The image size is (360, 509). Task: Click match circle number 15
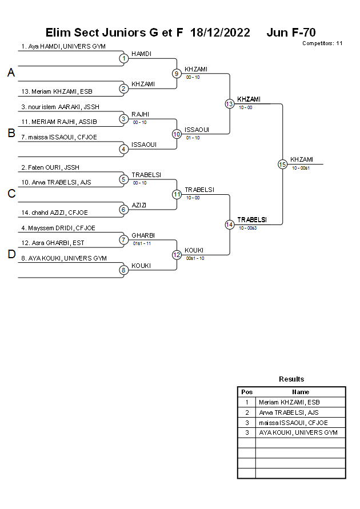pyautogui.click(x=282, y=164)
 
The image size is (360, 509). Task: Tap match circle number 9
pyautogui.click(x=177, y=73)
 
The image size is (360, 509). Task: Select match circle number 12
pyautogui.click(x=177, y=255)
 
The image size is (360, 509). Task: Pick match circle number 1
pyautogui.click(x=123, y=58)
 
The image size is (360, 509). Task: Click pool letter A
pyautogui.click(x=11, y=73)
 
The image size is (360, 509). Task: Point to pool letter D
pyautogui.click(x=11, y=255)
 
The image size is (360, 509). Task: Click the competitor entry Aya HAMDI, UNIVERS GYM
pyautogui.click(x=63, y=47)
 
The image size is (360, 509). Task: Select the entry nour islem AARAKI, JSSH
pyautogui.click(x=60, y=107)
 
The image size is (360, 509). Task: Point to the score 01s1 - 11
pyautogui.click(x=141, y=243)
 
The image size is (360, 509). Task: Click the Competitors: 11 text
pyautogui.click(x=322, y=43)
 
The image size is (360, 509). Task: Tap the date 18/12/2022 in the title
pyautogui.click(x=220, y=33)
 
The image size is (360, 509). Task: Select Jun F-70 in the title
pyautogui.click(x=291, y=33)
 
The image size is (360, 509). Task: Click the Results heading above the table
pyautogui.click(x=291, y=379)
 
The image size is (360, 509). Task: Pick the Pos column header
pyautogui.click(x=247, y=392)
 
